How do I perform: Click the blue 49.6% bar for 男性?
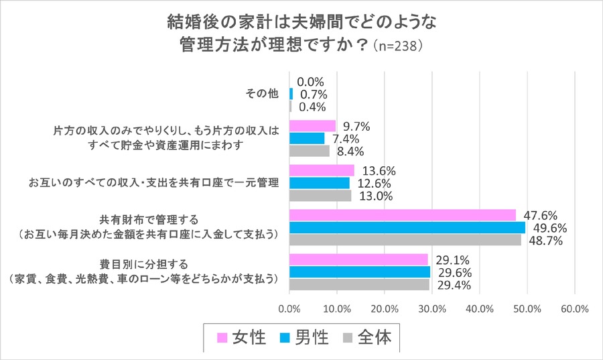coord(407,227)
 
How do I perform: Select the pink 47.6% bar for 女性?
coord(402,215)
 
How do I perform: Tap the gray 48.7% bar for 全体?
coord(405,239)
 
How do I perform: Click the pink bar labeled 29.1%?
coord(358,259)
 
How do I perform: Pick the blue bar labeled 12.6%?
coord(319,183)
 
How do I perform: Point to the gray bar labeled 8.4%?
coord(309,151)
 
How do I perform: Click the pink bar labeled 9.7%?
coord(312,126)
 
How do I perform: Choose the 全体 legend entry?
coord(367,337)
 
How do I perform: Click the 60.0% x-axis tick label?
coord(574,309)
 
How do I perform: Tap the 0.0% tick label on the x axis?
coord(289,309)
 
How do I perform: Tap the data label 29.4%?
coord(452,285)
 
